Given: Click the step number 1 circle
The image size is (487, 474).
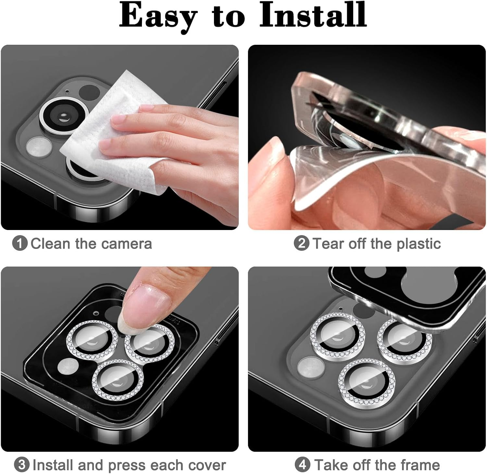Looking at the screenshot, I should coord(20,243).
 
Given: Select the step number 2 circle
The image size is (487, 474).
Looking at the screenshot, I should coord(302,243).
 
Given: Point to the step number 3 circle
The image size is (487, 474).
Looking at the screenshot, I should coord(22,465).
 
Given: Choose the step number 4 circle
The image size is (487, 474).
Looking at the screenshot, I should coord(303,465).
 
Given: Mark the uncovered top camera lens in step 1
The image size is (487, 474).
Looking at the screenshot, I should coord(64,115).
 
